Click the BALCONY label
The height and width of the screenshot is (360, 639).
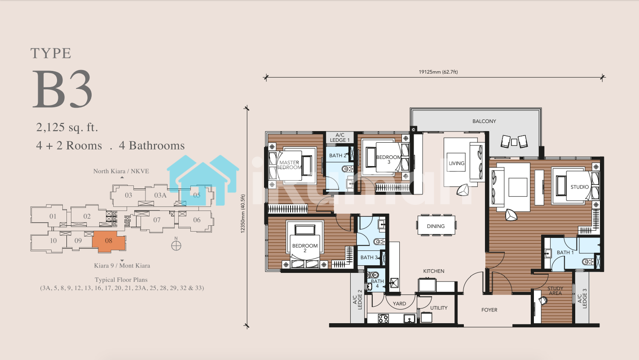pos(484,121)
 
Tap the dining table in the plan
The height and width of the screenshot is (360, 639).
pos(436,225)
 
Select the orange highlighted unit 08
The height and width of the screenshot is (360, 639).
pos(109,241)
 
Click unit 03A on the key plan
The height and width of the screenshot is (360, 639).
pos(160,195)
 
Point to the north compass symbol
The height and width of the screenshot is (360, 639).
pos(176,246)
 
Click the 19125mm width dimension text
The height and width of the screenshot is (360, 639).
pos(438,72)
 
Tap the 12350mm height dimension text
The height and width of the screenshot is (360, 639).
pos(243,214)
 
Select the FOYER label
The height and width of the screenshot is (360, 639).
pos(489,310)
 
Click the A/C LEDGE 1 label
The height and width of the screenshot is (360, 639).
pos(340,137)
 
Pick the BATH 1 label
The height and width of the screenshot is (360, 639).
pos(565,252)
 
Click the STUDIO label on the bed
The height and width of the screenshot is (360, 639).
pos(580,187)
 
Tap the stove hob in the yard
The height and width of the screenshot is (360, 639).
pos(383,318)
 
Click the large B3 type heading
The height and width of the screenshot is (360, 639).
pos(62,89)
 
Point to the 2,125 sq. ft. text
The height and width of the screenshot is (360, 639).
pos(67,127)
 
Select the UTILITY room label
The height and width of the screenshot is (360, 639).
pos(439,308)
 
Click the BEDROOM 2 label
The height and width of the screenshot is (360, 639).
pos(305,248)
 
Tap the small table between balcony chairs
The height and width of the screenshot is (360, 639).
pos(514,142)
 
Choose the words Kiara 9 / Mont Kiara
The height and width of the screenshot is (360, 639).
pos(122,266)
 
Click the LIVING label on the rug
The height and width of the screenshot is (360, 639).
pos(456,163)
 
